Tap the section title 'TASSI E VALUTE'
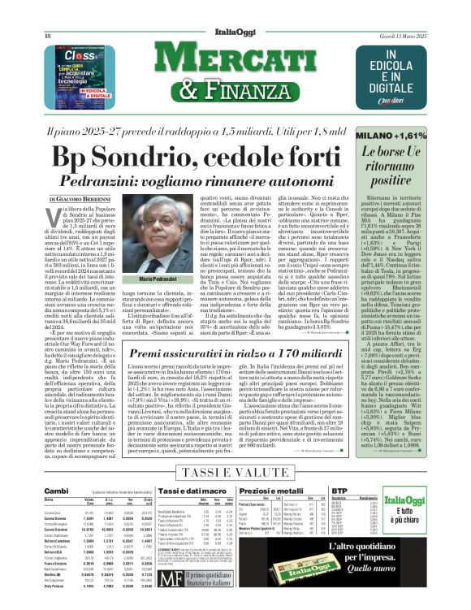pyautogui.click(x=234, y=472)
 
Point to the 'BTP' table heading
pyautogui.click(x=385, y=491)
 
